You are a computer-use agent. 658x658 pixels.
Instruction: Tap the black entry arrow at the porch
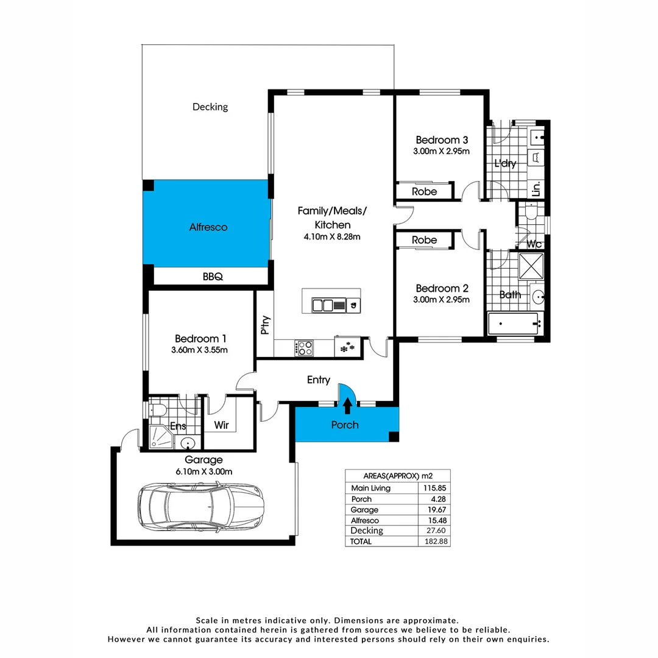[348, 404]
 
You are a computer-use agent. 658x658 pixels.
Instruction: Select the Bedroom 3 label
[442, 139]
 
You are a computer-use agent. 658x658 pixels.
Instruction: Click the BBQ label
[213, 277]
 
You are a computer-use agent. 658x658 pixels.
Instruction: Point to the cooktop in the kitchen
[304, 348]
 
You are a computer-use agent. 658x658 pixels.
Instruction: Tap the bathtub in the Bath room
[514, 322]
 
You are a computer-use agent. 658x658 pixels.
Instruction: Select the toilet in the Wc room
[529, 213]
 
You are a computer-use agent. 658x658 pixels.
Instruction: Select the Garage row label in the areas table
[364, 510]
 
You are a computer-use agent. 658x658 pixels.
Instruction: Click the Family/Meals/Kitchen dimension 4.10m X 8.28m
[332, 237]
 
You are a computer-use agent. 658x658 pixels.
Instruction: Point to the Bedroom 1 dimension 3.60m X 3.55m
[200, 350]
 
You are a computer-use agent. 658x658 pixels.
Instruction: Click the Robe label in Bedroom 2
[424, 240]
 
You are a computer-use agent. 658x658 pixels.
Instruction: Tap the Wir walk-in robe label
[222, 425]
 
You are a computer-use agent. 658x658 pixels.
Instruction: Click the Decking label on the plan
[210, 107]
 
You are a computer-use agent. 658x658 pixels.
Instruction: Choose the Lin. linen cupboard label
[536, 189]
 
